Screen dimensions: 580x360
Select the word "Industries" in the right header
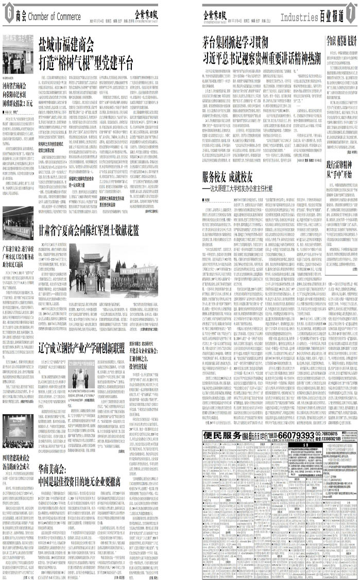tap(299, 17)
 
